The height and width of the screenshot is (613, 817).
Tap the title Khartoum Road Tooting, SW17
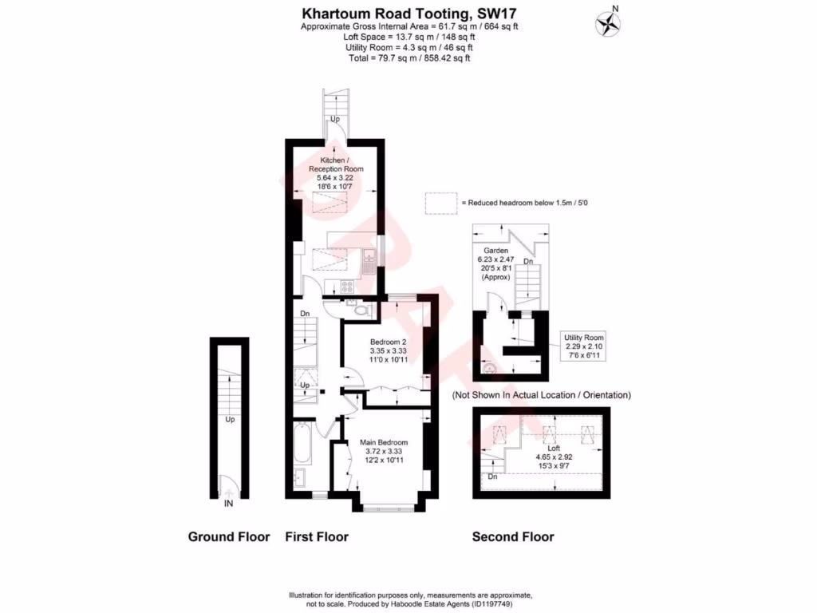[408, 13]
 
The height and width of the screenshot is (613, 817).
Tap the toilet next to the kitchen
[361, 310]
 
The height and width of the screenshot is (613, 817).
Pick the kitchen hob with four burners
[349, 285]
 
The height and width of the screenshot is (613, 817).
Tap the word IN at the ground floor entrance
[229, 504]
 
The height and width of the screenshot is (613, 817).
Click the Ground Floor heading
[229, 537]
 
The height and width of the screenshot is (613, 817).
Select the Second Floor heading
[513, 537]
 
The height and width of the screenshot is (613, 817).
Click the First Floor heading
[317, 537]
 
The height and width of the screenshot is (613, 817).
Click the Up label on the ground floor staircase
[230, 419]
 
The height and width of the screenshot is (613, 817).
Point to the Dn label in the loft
[492, 477]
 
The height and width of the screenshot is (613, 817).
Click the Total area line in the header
[408, 58]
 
